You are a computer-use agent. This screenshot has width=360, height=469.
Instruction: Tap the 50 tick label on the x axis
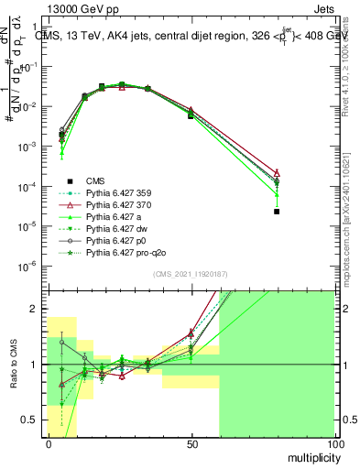pyautogui.click(x=191, y=443)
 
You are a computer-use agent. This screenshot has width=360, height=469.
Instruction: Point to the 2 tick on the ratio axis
pyautogui.click(x=39, y=309)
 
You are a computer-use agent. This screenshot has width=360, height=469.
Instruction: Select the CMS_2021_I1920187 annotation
pyautogui.click(x=191, y=274)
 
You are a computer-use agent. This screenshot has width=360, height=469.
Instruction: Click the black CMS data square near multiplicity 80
pyautogui.click(x=277, y=212)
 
